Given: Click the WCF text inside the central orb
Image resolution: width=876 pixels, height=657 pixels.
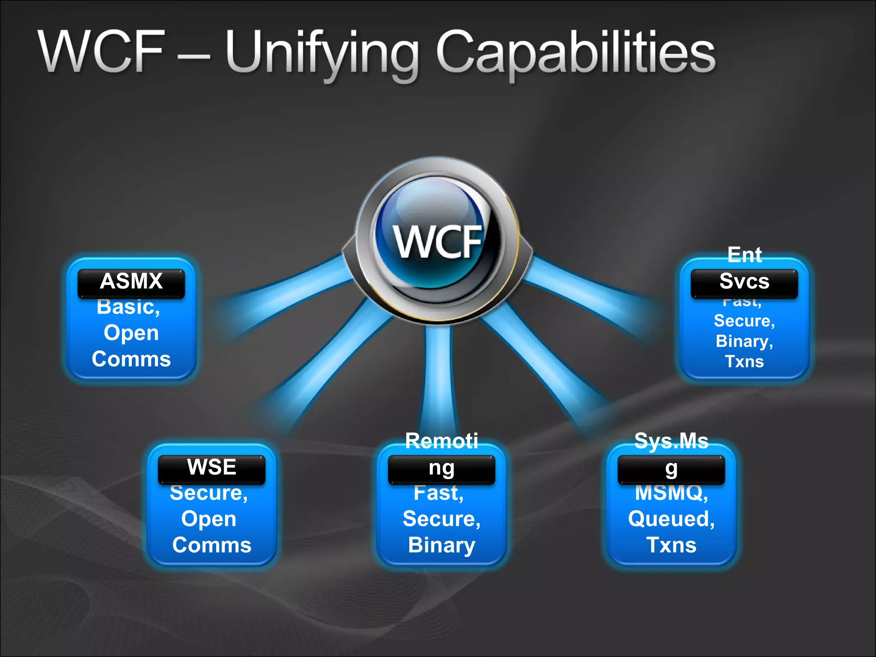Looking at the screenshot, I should [x=438, y=242].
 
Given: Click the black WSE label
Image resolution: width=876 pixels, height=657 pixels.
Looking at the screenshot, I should [x=211, y=468].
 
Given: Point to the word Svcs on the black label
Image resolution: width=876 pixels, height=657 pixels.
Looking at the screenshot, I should [x=744, y=282].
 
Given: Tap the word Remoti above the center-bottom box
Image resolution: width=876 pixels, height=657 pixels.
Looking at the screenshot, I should [x=441, y=441].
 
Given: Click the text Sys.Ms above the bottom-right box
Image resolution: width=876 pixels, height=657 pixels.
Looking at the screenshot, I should [x=671, y=441].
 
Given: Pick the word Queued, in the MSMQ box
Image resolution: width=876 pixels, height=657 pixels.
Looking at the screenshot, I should [x=671, y=519].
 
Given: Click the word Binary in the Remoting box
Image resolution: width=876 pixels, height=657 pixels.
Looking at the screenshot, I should [x=441, y=545].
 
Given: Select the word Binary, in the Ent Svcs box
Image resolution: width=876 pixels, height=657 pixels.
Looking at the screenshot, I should [x=744, y=341].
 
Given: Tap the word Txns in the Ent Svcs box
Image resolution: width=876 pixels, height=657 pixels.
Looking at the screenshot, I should [x=744, y=362].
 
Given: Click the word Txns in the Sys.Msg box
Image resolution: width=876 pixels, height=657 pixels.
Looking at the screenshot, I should [x=671, y=545].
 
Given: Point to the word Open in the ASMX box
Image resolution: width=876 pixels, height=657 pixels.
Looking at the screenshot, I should [x=131, y=333].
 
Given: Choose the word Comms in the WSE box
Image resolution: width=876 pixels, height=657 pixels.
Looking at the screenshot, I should [x=211, y=545].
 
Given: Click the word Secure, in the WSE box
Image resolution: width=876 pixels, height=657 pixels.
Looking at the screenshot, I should [x=209, y=493].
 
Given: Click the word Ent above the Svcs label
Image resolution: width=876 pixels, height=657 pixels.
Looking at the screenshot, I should [x=744, y=255].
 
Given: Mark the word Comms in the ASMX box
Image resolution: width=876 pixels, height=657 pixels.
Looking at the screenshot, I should [x=131, y=359].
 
